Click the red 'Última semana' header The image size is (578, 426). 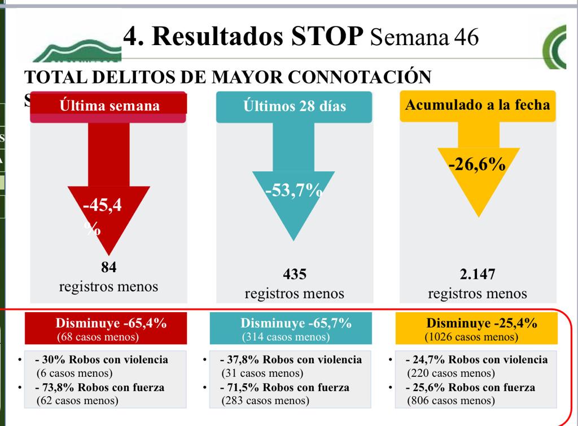[x=110, y=106]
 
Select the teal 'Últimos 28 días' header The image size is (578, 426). [x=295, y=106]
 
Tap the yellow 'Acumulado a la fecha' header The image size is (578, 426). [x=478, y=105]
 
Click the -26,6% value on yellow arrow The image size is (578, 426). [x=477, y=165]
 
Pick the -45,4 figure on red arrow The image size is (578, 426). [x=102, y=206]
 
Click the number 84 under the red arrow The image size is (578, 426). [x=108, y=267]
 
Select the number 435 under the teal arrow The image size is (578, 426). [x=294, y=274]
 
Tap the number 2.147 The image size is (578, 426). [x=478, y=274]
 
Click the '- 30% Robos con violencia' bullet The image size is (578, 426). [x=101, y=360]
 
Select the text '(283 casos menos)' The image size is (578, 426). [x=265, y=401]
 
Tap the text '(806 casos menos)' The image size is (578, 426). [x=450, y=401]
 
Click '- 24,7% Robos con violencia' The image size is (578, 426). [x=476, y=360]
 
